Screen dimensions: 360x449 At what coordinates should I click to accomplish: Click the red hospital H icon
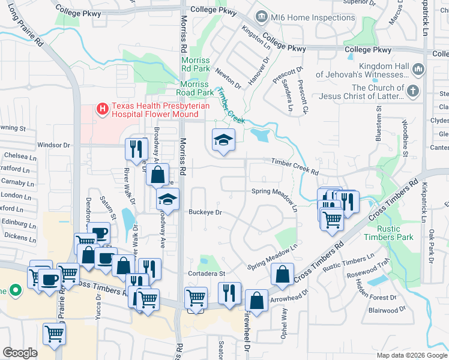click(103, 109)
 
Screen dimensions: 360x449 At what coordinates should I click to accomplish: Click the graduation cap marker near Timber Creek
click(223, 140)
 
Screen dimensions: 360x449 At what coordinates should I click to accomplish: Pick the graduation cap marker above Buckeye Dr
click(168, 200)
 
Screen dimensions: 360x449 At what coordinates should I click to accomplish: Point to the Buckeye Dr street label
click(205, 212)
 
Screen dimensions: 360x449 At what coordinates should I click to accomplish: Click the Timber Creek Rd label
click(294, 167)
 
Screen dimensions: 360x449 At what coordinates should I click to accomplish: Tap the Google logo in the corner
click(20, 353)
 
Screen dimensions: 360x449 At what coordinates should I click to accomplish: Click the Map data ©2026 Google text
click(412, 355)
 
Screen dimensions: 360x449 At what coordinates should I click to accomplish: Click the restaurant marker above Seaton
click(229, 294)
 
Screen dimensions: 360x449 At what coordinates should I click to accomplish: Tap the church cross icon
click(412, 92)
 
